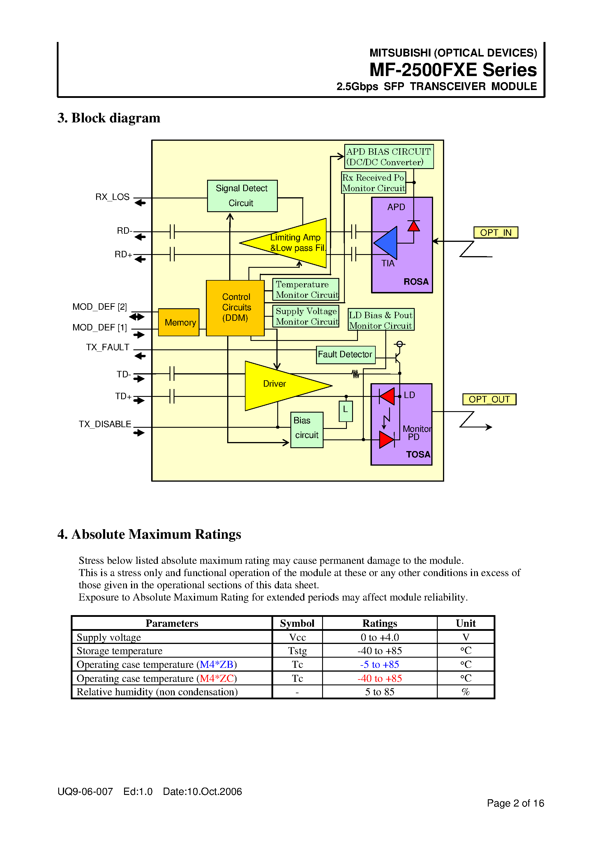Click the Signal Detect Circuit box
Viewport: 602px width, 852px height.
tap(242, 196)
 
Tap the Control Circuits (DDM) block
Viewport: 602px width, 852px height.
tap(235, 308)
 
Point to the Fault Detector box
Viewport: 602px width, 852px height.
tap(345, 354)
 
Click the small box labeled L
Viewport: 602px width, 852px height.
tap(345, 411)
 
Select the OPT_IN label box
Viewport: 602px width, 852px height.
tap(495, 232)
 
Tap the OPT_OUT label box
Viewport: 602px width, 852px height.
tap(489, 399)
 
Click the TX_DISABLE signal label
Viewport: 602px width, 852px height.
tap(105, 424)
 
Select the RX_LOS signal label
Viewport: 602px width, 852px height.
tap(112, 197)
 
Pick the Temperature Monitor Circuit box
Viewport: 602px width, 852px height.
tap(306, 289)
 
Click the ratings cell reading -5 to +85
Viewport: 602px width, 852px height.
tap(379, 664)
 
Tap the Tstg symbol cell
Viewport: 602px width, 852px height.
tap(297, 650)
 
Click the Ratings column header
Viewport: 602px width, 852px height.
tap(379, 623)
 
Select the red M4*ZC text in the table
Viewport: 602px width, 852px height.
tap(217, 678)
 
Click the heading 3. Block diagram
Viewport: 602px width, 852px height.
tap(109, 118)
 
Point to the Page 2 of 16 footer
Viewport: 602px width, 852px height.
tap(515, 803)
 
